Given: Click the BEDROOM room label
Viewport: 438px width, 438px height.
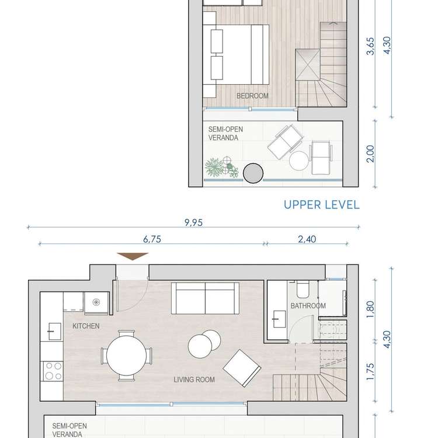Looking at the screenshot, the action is [x=252, y=96].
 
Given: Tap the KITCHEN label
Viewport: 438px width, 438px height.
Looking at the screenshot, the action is [x=86, y=326].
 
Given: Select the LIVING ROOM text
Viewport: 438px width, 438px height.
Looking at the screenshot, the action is [x=194, y=380].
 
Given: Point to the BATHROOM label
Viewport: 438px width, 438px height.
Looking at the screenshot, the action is [x=308, y=306].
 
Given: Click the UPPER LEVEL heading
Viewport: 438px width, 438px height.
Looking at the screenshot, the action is [x=322, y=205].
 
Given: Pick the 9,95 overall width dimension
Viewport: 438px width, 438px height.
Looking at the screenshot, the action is [x=193, y=223].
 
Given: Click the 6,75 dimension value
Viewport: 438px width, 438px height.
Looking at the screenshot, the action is [x=152, y=239].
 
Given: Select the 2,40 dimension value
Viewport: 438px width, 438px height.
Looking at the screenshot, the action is [x=307, y=239].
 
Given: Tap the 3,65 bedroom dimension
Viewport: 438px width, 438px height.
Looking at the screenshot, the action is [x=370, y=46].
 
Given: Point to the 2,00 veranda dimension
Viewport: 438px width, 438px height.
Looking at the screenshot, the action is [x=370, y=154].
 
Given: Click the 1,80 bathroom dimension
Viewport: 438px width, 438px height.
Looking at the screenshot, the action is [x=370, y=309].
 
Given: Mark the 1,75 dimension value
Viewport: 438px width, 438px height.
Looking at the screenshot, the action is [x=370, y=371].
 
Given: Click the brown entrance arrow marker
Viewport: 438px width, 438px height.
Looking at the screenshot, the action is [x=133, y=256].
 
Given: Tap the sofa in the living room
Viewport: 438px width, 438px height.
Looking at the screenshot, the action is [x=206, y=298].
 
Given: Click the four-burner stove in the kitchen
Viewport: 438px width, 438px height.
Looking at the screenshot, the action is [x=53, y=371].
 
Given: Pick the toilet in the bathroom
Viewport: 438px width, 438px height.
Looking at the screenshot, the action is [x=303, y=290].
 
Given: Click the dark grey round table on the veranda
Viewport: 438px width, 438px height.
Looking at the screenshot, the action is [x=253, y=173].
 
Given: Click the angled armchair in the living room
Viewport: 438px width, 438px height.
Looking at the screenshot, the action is [x=242, y=368].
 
